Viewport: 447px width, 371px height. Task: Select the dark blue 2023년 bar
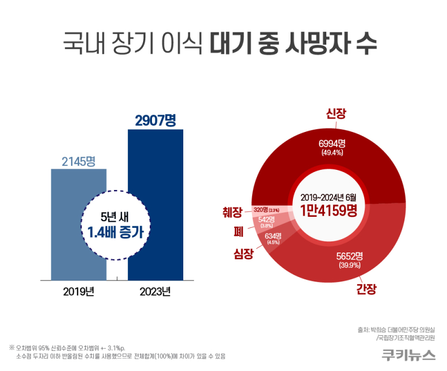coord(155,168)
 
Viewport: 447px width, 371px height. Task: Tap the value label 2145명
coord(78,161)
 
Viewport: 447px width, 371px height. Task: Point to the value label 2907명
coord(155,120)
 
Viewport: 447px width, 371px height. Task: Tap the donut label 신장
coord(336,114)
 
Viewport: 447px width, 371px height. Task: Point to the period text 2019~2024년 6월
coord(328,197)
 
